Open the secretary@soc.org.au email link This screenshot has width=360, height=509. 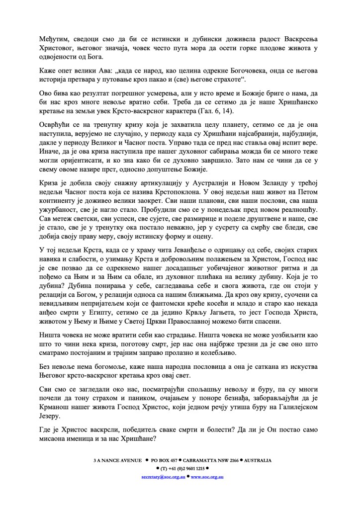pos(162,476)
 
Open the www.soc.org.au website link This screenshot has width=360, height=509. pos(207,476)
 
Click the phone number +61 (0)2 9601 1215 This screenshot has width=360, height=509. pos(182,468)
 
